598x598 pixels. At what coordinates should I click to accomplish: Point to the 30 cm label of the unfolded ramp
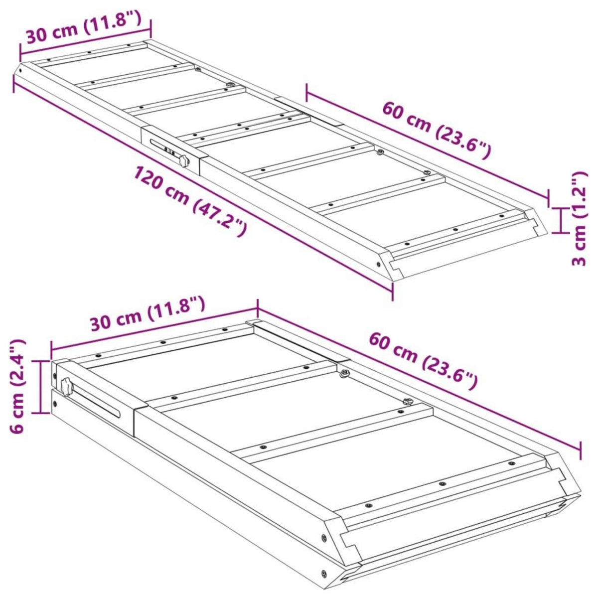click(x=83, y=27)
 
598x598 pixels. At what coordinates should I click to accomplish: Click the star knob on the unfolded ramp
click(x=184, y=161)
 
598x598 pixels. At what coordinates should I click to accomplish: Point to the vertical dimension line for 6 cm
click(x=40, y=386)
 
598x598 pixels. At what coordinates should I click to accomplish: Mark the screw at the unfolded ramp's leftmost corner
click(x=21, y=70)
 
